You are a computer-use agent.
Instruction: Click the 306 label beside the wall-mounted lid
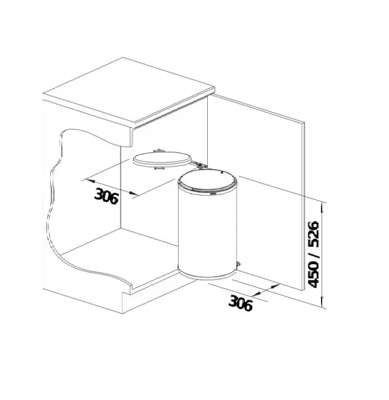point(107,196)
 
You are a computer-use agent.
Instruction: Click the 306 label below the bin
point(240,303)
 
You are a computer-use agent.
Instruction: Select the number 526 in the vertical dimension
point(314,234)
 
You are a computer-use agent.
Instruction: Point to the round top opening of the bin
point(207,182)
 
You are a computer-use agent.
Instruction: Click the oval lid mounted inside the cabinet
point(161,159)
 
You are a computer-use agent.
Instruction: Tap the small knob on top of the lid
point(158,150)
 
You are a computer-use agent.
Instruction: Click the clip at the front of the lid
point(159,168)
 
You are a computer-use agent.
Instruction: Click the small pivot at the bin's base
point(238,263)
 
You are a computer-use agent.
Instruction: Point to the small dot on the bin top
point(222,173)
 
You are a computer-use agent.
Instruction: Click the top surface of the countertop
point(129,90)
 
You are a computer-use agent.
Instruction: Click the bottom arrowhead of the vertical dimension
point(322,301)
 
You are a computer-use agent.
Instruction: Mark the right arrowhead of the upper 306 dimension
point(133,194)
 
